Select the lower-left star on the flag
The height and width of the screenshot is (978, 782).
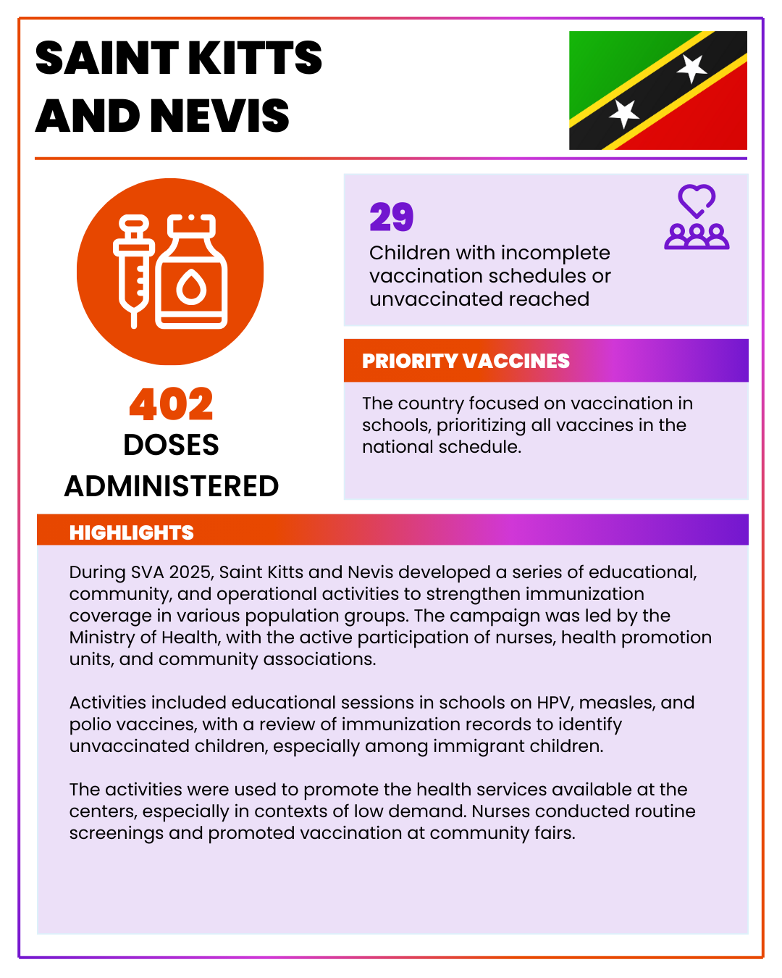623,113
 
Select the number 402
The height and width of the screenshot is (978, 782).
172,404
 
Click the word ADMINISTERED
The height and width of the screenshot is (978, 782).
172,486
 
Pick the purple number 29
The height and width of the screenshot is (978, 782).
391,217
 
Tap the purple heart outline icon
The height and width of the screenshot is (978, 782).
697,201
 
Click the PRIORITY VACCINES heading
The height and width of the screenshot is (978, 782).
466,361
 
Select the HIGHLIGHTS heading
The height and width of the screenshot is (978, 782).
132,532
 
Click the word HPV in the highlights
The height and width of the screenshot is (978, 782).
553,703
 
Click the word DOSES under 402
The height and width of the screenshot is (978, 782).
172,445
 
